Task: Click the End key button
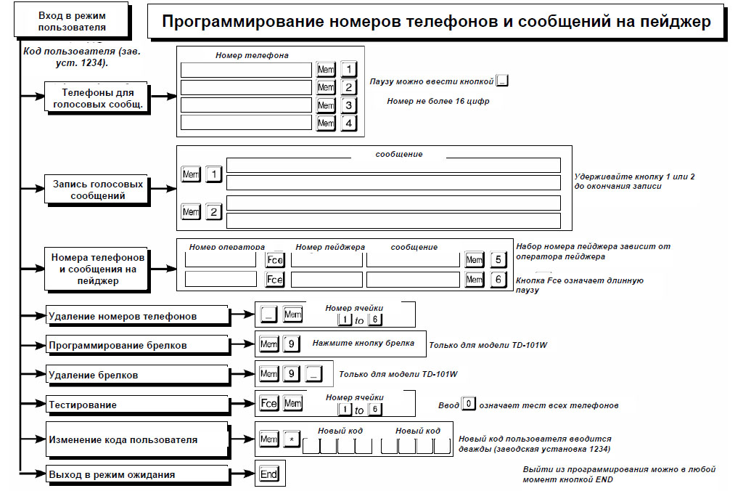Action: click(269, 474)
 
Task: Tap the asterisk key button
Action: click(292, 439)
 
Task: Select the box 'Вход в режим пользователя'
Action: click(72, 21)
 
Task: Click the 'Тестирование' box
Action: click(137, 405)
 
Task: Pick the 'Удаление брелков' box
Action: click(137, 376)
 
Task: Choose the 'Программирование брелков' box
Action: click(137, 345)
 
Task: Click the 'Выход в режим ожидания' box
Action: click(137, 474)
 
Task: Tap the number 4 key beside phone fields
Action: click(349, 123)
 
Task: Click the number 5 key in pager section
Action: click(498, 259)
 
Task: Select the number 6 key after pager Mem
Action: click(498, 280)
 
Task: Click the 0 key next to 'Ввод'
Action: click(468, 404)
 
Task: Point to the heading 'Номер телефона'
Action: click(252, 55)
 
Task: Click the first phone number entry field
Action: click(246, 70)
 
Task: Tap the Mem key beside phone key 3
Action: click(326, 105)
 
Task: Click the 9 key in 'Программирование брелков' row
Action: click(292, 344)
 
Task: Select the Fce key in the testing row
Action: click(268, 403)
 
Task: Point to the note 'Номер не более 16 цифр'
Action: click(438, 101)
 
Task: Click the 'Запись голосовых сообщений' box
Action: click(98, 190)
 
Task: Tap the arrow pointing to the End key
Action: click(242, 474)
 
